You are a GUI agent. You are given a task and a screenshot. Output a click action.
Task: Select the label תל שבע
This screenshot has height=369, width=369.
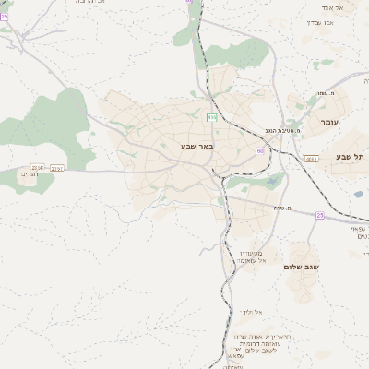click(351, 158)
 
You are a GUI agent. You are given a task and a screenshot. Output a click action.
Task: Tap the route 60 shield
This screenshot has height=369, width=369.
click(261, 150)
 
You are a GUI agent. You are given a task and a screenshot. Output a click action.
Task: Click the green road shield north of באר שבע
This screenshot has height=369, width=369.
click(212, 117)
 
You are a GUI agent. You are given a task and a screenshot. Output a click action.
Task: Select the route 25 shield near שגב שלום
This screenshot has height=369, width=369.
click(320, 214)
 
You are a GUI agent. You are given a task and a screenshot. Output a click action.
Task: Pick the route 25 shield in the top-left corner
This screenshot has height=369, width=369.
click(4, 16)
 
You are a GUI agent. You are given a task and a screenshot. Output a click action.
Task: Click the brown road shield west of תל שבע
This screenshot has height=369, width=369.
click(311, 159)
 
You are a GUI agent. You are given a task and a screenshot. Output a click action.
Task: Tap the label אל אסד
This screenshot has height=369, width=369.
click(332, 7)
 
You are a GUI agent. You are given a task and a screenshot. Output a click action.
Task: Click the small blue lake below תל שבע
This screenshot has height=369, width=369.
click(357, 194)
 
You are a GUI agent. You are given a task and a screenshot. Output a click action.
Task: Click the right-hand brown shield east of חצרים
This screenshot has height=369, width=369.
click(57, 168)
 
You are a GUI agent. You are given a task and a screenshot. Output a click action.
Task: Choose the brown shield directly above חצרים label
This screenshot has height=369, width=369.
click(38, 166)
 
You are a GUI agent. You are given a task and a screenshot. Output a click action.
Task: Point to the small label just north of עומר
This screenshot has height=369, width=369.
click(324, 93)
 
